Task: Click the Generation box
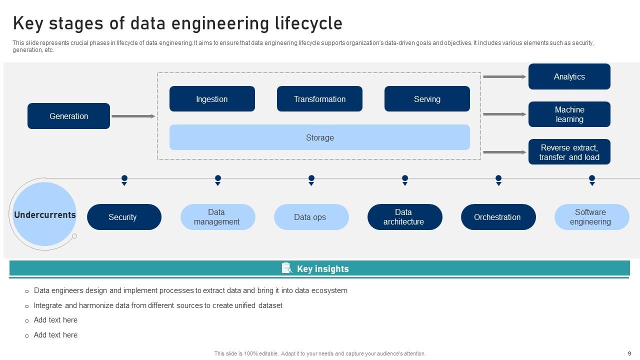pyautogui.click(x=68, y=116)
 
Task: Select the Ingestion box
pyautogui.click(x=212, y=99)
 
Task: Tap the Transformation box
pyautogui.click(x=319, y=99)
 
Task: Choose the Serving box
pyautogui.click(x=427, y=99)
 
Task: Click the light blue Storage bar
pyautogui.click(x=319, y=137)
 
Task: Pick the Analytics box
pyautogui.click(x=569, y=76)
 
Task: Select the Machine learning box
pyautogui.click(x=569, y=114)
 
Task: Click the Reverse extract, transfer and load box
pyautogui.click(x=569, y=152)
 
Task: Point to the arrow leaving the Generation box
pyautogui.click(x=133, y=116)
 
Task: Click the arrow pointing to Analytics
pyautogui.click(x=504, y=76)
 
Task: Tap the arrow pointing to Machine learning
pyautogui.click(x=504, y=114)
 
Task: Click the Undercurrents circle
pyautogui.click(x=44, y=214)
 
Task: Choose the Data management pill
pyautogui.click(x=217, y=217)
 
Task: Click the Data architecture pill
pyautogui.click(x=404, y=217)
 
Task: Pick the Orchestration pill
pyautogui.click(x=498, y=217)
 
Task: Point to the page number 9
pyautogui.click(x=629, y=353)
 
